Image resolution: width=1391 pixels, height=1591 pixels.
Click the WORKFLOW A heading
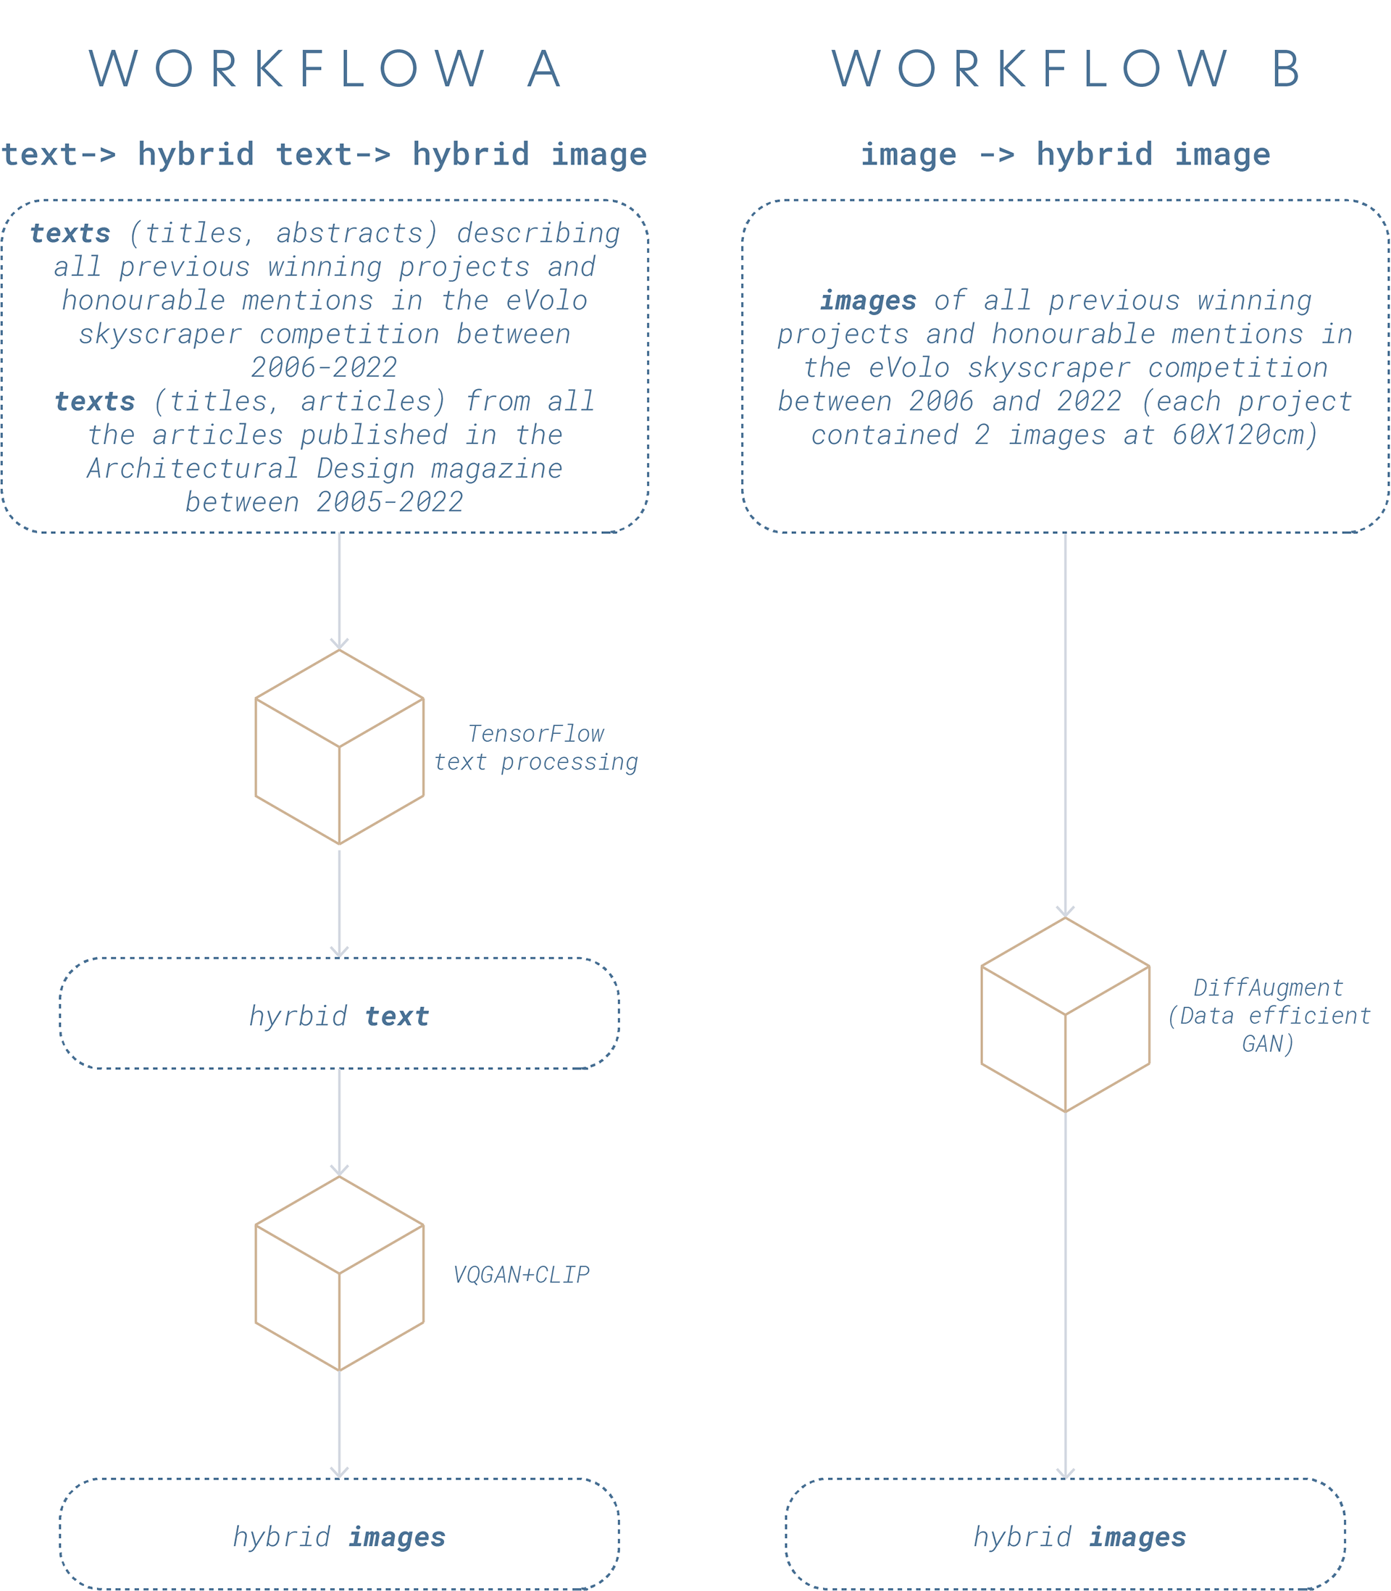click(x=326, y=68)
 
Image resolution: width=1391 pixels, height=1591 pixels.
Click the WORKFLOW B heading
click(x=1067, y=68)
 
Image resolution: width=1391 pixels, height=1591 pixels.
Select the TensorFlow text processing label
click(x=535, y=748)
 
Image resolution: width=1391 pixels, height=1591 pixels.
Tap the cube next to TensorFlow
click(x=339, y=748)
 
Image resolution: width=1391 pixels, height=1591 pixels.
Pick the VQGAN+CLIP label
click(x=521, y=1275)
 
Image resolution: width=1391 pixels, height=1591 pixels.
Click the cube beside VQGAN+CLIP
click(x=339, y=1274)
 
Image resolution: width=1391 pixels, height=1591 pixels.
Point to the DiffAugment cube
click(x=1065, y=1015)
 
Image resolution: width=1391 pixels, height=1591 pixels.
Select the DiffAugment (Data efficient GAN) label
click(x=1269, y=1015)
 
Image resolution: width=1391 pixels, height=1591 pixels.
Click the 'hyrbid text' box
click(x=339, y=1014)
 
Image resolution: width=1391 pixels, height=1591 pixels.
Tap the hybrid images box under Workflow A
click(x=339, y=1534)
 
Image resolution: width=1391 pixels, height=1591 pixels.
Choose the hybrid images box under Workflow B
click(x=1065, y=1534)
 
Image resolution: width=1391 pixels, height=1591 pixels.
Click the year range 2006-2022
click(x=324, y=368)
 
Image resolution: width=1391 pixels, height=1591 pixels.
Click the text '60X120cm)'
click(x=1245, y=435)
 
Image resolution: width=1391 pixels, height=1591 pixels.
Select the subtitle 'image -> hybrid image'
click(x=1065, y=154)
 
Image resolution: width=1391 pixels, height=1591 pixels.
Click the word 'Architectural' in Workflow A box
click(x=193, y=469)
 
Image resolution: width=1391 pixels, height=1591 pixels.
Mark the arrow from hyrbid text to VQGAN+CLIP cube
click(x=339, y=1122)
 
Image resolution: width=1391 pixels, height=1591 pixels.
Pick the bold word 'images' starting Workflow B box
click(x=868, y=301)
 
